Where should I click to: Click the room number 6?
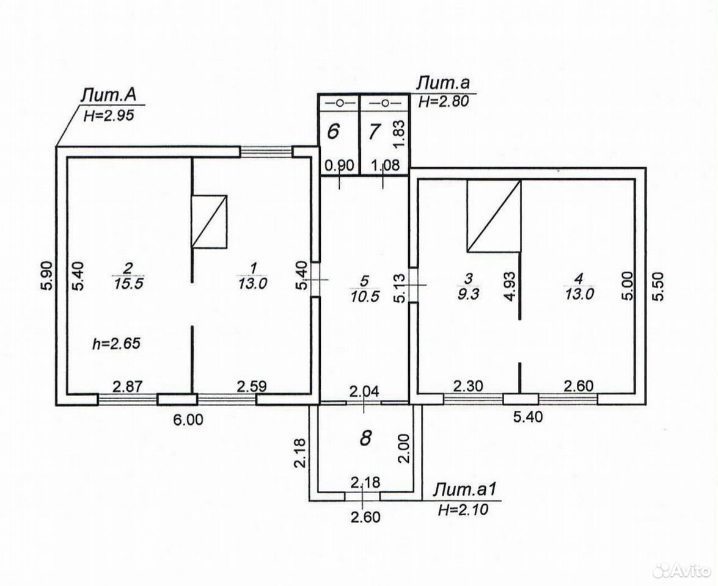[x=334, y=132]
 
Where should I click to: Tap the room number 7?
[x=374, y=132]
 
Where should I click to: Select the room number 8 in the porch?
[x=365, y=438]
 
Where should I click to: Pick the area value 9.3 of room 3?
[x=468, y=293]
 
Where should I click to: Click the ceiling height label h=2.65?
[x=116, y=343]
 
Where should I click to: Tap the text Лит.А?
[x=109, y=96]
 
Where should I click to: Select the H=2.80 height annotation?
[x=444, y=101]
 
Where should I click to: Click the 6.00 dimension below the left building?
[x=188, y=419]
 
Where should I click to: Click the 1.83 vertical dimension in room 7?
[x=399, y=134]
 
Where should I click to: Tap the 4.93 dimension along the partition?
[x=510, y=286]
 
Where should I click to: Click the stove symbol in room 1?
[x=209, y=222]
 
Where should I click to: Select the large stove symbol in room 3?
[x=494, y=215]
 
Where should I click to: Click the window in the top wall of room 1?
[x=266, y=151]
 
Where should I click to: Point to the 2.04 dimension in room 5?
[x=364, y=391]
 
